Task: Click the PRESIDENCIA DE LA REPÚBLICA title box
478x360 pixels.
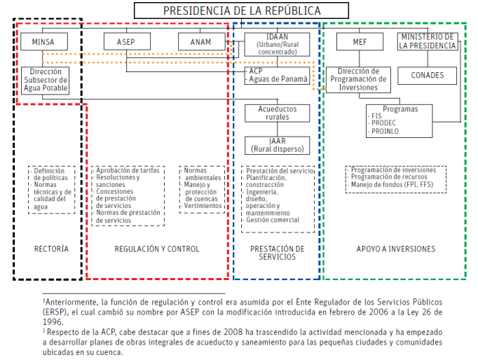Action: click(243, 11)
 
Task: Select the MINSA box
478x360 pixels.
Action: click(43, 43)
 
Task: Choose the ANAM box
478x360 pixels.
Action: click(200, 43)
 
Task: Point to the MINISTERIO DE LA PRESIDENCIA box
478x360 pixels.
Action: click(428, 41)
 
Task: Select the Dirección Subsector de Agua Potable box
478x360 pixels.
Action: click(46, 81)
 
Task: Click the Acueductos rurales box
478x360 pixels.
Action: click(277, 114)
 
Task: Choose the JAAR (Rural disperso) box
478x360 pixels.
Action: click(277, 145)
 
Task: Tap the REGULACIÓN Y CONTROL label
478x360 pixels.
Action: click(157, 249)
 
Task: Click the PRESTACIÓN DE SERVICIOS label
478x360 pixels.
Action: click(277, 252)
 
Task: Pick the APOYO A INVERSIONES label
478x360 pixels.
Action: click(395, 249)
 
